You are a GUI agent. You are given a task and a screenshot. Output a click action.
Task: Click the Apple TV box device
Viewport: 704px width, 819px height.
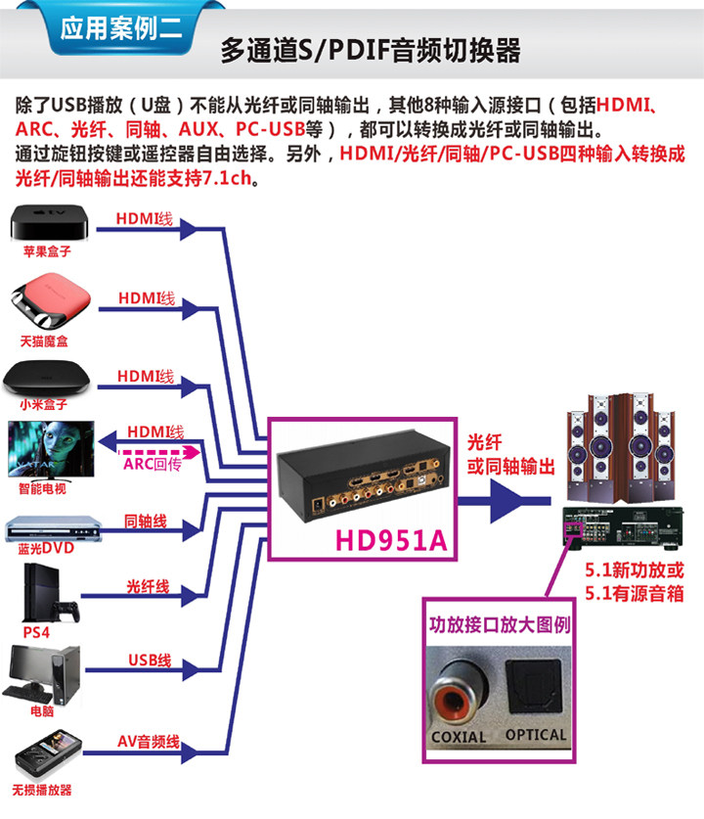coord(49,223)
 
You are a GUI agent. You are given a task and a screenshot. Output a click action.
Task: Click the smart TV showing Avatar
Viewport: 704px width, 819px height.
coord(51,450)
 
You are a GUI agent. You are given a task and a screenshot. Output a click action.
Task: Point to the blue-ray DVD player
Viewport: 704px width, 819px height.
coord(53,529)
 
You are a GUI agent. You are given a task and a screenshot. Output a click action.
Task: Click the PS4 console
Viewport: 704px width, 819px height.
coord(51,594)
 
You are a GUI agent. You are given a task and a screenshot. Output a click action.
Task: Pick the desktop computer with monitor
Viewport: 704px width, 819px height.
coord(43,675)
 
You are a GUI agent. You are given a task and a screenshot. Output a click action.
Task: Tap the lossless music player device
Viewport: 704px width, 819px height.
coord(48,756)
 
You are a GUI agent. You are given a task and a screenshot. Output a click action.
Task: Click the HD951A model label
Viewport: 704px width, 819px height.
coord(391,540)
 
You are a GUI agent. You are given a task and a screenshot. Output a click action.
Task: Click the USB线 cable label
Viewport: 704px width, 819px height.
coord(150,660)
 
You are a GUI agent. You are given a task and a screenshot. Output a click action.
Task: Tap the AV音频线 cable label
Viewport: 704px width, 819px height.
coord(149,741)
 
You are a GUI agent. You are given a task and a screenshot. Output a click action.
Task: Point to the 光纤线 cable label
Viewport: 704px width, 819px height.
coord(149,586)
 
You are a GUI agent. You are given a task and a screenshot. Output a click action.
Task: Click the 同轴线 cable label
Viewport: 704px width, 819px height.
coord(146,521)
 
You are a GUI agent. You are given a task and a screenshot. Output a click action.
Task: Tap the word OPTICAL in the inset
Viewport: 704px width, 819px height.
coord(536,735)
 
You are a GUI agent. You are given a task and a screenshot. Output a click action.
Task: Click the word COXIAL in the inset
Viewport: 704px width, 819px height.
coord(459,737)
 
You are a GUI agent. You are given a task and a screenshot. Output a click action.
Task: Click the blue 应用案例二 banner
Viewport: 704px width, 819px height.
coord(120,27)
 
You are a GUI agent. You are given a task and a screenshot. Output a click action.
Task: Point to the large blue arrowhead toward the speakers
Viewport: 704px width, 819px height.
coord(505,501)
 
